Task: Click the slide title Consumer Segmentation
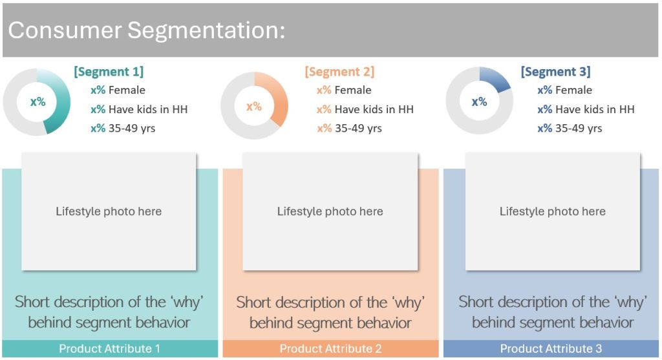pyautogui.click(x=147, y=30)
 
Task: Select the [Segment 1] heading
pyautogui.click(x=109, y=71)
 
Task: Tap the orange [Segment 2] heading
pyautogui.click(x=339, y=72)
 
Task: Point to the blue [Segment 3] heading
pyautogui.click(x=555, y=72)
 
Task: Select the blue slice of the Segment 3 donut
pyautogui.click(x=496, y=78)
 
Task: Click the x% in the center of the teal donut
pyautogui.click(x=37, y=101)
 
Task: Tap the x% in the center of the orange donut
pyautogui.click(x=254, y=107)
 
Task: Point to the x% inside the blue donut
pyautogui.click(x=479, y=101)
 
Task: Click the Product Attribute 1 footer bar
pyautogui.click(x=110, y=348)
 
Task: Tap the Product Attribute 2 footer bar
pyautogui.click(x=330, y=348)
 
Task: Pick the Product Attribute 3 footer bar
pyautogui.click(x=551, y=348)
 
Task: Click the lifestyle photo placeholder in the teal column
pyautogui.click(x=109, y=211)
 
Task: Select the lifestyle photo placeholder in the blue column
pyautogui.click(x=553, y=211)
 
